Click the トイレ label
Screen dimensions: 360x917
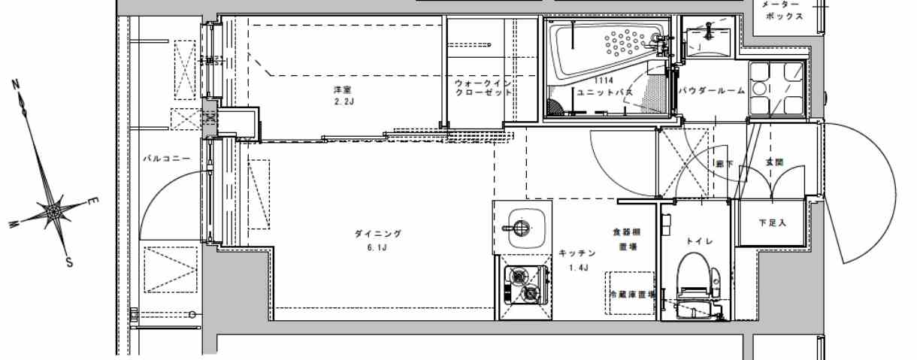point(694,241)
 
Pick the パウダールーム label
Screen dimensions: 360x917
point(711,92)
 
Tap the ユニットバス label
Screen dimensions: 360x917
point(605,92)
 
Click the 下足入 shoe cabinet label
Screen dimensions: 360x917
point(772,222)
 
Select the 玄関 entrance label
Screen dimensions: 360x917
point(774,162)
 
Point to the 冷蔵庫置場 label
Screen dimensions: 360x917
point(632,294)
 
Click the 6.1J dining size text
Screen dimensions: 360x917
point(378,247)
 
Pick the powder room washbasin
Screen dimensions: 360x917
point(707,42)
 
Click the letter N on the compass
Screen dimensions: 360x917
point(16,85)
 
